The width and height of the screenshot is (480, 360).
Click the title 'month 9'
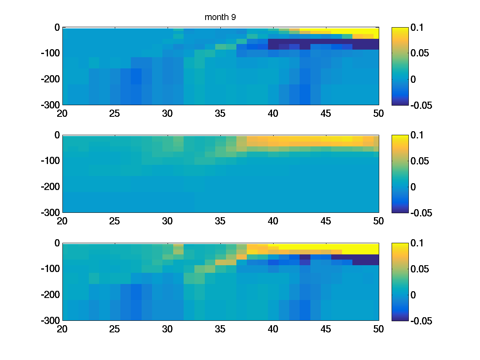pyautogui.click(x=220, y=17)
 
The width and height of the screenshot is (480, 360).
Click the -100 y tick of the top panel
pyautogui.click(x=51, y=53)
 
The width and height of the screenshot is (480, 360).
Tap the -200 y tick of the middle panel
pyautogui.click(x=51, y=187)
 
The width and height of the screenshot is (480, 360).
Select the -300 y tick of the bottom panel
pyautogui.click(x=51, y=320)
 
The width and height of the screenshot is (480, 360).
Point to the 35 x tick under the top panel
pyautogui.click(x=220, y=114)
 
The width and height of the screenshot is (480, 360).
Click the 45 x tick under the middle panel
pyautogui.click(x=326, y=221)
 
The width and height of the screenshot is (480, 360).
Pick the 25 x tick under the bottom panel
pyautogui.click(x=115, y=329)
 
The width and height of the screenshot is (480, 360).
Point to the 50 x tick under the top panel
pyautogui.click(x=378, y=114)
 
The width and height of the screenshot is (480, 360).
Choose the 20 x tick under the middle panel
pyautogui.click(x=62, y=221)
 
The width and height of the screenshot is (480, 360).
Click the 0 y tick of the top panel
pyautogui.click(x=57, y=28)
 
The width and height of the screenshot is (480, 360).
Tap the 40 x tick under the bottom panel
pyautogui.click(x=273, y=329)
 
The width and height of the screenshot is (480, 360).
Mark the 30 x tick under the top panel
pyautogui.click(x=168, y=114)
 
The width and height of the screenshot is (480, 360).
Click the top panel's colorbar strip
pyautogui.click(x=400, y=66)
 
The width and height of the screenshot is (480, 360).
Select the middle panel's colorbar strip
pyautogui.click(x=400, y=174)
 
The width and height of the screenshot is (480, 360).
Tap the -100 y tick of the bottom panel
pyautogui.click(x=51, y=269)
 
